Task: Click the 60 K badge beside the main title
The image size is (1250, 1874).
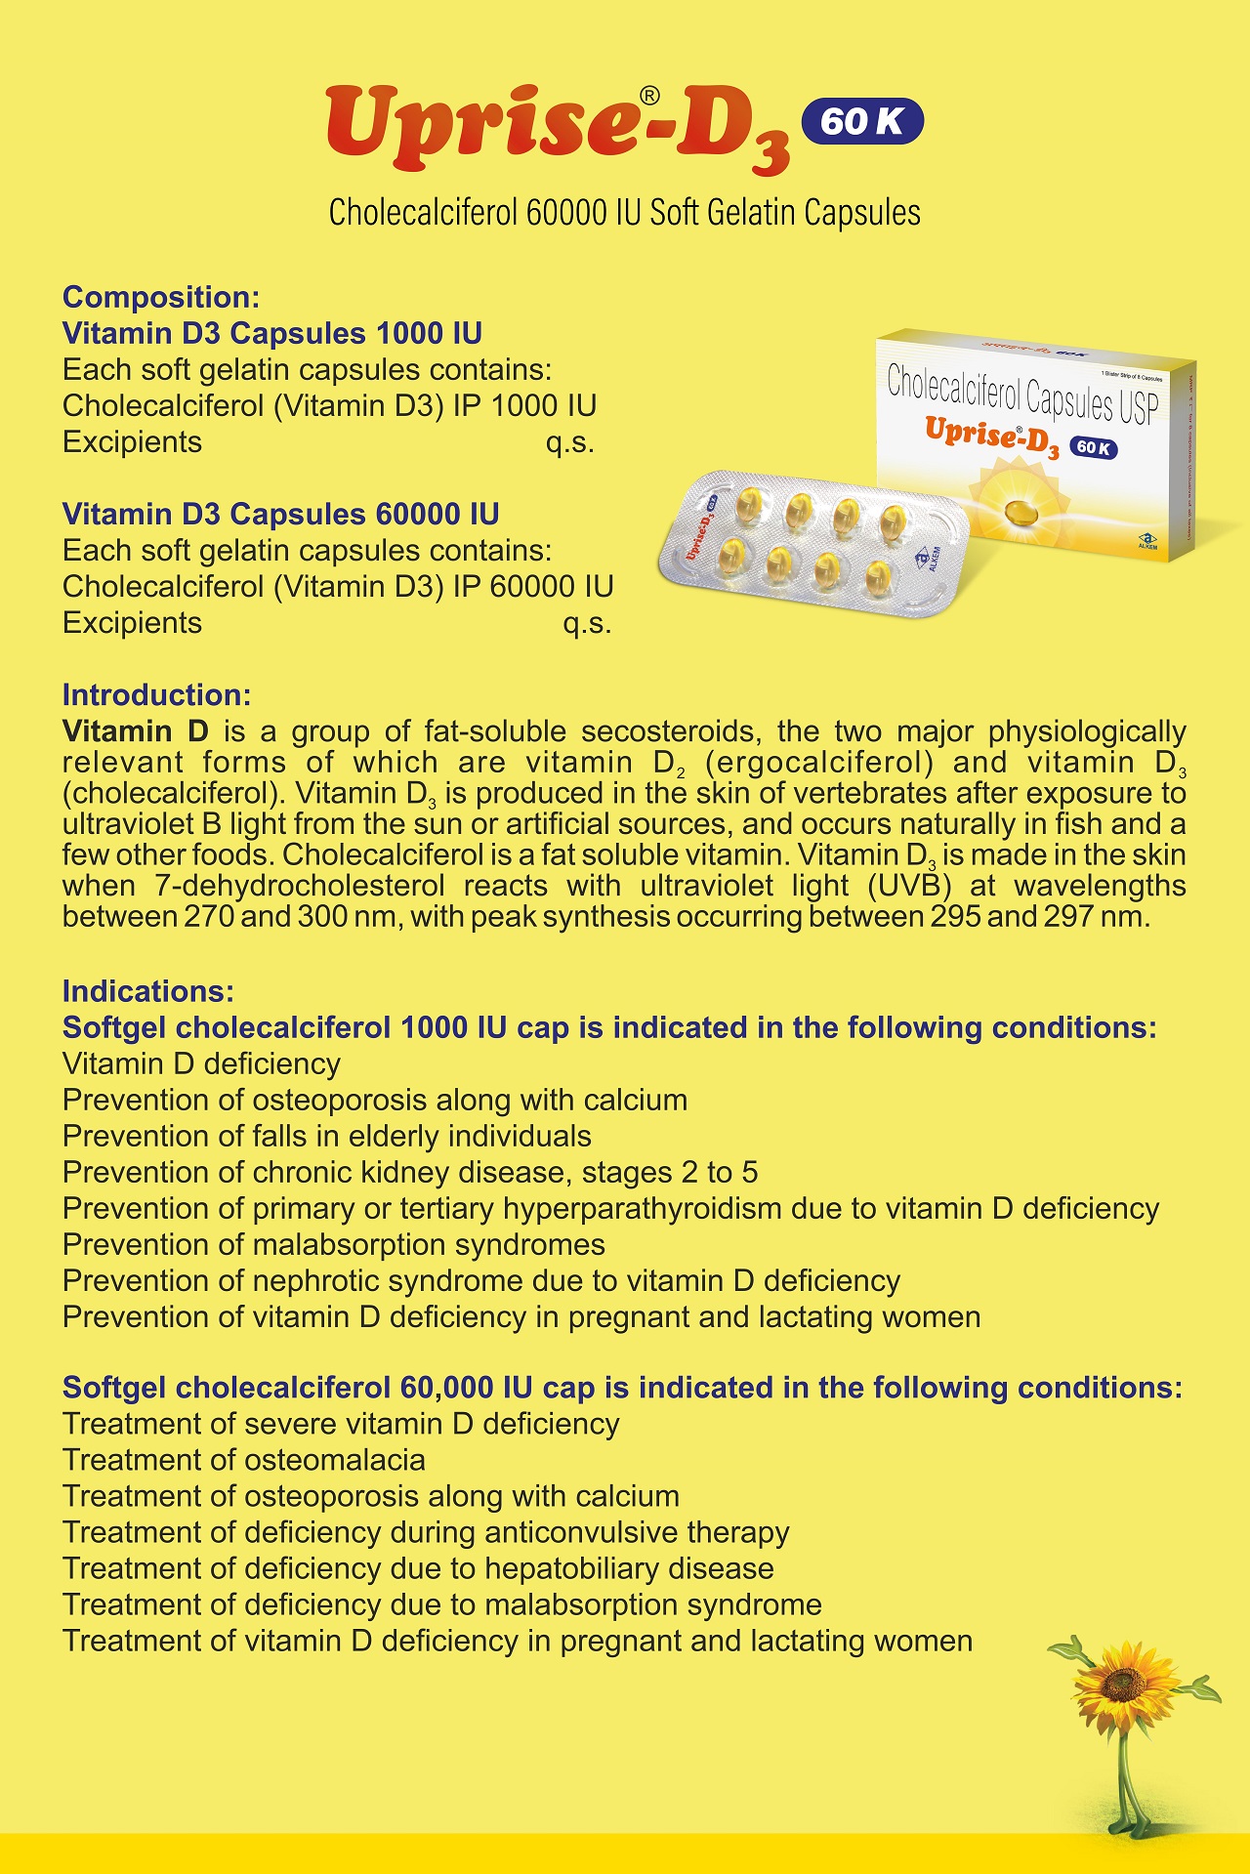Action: [x=861, y=121]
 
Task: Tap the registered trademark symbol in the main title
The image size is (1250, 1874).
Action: [x=649, y=95]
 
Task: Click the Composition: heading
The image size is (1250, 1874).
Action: [x=161, y=297]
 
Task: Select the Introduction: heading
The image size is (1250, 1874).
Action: [x=156, y=694]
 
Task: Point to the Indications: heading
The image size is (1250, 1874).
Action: [x=148, y=991]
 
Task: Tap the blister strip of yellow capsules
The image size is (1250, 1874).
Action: [x=811, y=542]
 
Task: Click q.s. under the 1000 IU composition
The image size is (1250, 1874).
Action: [x=570, y=442]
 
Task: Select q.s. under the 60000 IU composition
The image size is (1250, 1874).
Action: [x=587, y=623]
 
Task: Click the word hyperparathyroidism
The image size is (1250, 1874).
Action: [x=642, y=1208]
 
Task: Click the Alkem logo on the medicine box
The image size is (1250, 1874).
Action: [x=1147, y=540]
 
